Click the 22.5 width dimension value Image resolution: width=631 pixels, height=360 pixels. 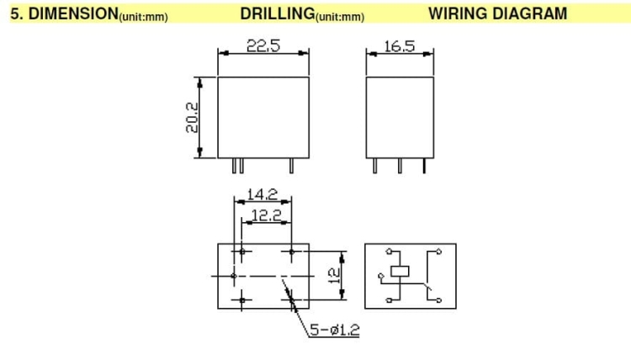point(263,46)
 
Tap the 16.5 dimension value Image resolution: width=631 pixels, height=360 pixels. point(399,46)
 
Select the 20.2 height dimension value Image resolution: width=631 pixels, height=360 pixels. point(192,118)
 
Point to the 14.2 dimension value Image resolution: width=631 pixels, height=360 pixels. point(262,194)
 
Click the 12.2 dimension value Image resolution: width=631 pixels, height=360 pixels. point(266,215)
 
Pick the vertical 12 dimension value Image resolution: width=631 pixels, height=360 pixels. point(334,276)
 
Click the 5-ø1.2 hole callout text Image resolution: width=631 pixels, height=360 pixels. point(334,330)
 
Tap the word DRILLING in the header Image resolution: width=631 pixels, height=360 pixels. point(278,13)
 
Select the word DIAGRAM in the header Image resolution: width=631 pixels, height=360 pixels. point(530,13)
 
